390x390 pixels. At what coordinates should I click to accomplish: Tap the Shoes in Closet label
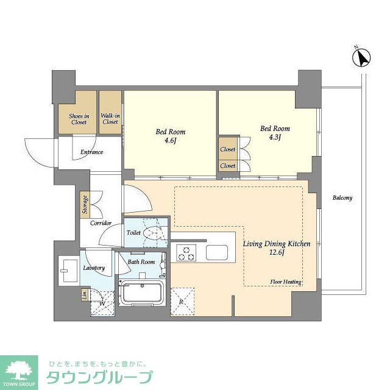tap(78, 119)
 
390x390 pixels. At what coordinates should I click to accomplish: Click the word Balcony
tap(342, 198)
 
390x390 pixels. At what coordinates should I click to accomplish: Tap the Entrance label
tap(88, 152)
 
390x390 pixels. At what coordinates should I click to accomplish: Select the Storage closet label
tap(85, 204)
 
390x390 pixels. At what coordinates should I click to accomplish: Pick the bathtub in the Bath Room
tap(141, 294)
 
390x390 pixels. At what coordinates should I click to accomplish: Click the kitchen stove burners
tap(185, 252)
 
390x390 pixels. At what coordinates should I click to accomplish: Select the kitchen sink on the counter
tap(216, 252)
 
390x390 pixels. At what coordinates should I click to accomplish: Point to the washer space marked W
tap(102, 302)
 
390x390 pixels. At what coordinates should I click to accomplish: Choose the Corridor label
tap(101, 223)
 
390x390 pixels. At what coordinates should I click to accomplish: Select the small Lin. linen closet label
tap(84, 295)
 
